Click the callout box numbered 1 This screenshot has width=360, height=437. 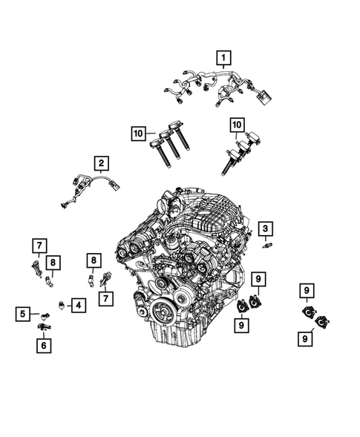pyautogui.click(x=222, y=56)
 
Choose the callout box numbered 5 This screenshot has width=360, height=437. pyautogui.click(x=24, y=314)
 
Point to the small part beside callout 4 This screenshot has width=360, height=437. pyautogui.click(x=62, y=305)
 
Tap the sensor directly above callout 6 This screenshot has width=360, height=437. pyautogui.click(x=45, y=327)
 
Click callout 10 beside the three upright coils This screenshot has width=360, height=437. pyautogui.click(x=137, y=134)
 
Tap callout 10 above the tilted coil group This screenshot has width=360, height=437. pyautogui.click(x=237, y=124)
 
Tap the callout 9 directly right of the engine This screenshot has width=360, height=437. pyautogui.click(x=258, y=279)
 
